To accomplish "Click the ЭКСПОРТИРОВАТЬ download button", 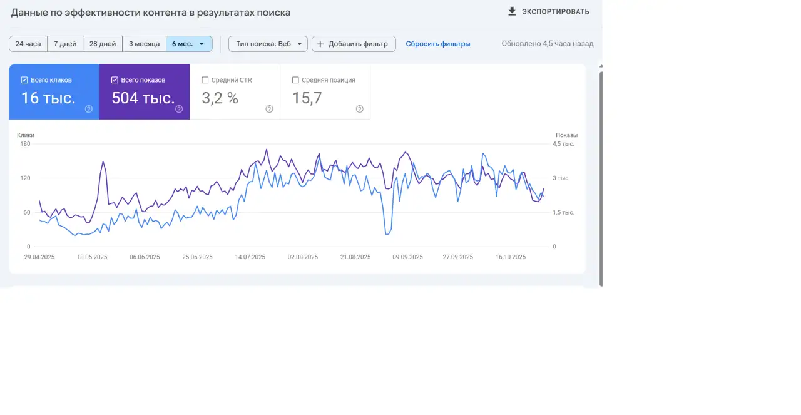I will (548, 11).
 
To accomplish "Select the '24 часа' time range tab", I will (28, 44).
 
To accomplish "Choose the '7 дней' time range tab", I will (65, 44).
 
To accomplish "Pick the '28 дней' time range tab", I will (103, 44).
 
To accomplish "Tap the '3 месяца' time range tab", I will (144, 44).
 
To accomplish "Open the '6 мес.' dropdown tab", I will (189, 44).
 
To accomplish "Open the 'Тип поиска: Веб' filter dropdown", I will (268, 44).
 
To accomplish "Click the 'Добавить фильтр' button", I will (354, 44).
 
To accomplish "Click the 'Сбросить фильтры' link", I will (438, 44).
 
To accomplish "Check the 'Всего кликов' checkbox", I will (24, 80).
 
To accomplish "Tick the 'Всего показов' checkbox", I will (115, 80).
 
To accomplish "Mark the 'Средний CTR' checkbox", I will (205, 80).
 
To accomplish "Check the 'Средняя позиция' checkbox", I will (295, 80).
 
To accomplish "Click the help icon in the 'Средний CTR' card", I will (269, 109).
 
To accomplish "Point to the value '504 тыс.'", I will (143, 98).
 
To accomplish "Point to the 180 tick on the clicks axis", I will (25, 144).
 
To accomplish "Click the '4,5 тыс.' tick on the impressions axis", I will (563, 144).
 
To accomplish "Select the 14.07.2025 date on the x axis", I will (250, 257).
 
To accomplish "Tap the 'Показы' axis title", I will (566, 135).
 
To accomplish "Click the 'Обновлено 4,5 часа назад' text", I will (548, 44).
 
